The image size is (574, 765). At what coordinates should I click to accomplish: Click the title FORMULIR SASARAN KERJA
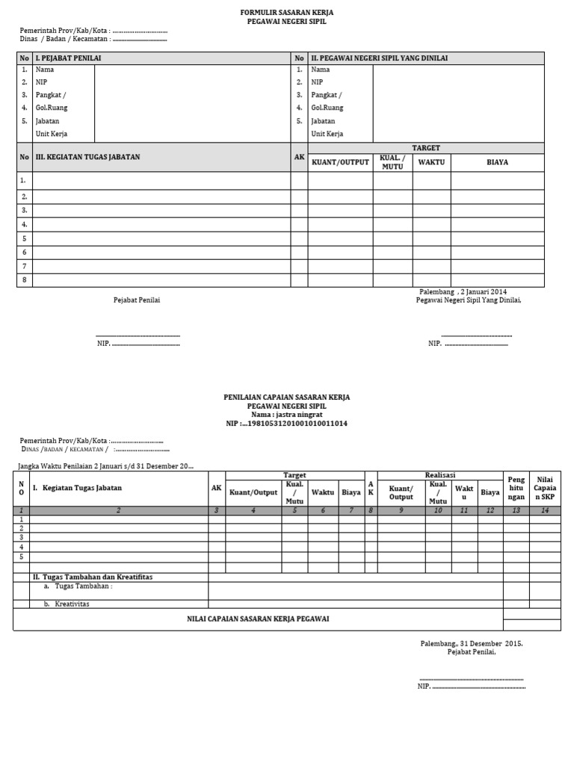(287, 13)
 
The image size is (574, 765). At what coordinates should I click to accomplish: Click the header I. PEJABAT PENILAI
(69, 58)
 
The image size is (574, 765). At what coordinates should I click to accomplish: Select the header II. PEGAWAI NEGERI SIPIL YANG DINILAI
(379, 58)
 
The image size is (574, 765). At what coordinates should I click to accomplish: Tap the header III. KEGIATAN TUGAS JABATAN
(87, 157)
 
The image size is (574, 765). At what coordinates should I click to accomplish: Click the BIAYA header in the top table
(497, 162)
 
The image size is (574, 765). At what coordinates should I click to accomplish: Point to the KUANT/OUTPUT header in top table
(340, 162)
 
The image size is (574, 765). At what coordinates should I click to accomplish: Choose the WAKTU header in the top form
(431, 162)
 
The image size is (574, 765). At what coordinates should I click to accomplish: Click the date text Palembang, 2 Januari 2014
(463, 291)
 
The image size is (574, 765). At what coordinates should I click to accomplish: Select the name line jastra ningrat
(287, 414)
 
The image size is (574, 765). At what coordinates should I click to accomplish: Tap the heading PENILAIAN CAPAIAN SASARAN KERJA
(287, 397)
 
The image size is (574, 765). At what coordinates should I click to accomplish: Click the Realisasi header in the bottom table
(440, 474)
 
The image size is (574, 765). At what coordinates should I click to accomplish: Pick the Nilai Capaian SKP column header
(545, 488)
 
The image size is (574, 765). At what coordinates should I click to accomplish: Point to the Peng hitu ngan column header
(516, 488)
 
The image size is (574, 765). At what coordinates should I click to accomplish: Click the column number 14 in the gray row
(545, 510)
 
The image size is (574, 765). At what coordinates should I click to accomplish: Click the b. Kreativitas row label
(67, 604)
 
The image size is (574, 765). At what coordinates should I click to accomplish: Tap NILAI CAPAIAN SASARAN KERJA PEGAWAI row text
(258, 619)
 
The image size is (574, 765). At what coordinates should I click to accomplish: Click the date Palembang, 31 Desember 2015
(472, 643)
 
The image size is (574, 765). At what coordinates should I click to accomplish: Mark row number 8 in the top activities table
(24, 280)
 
